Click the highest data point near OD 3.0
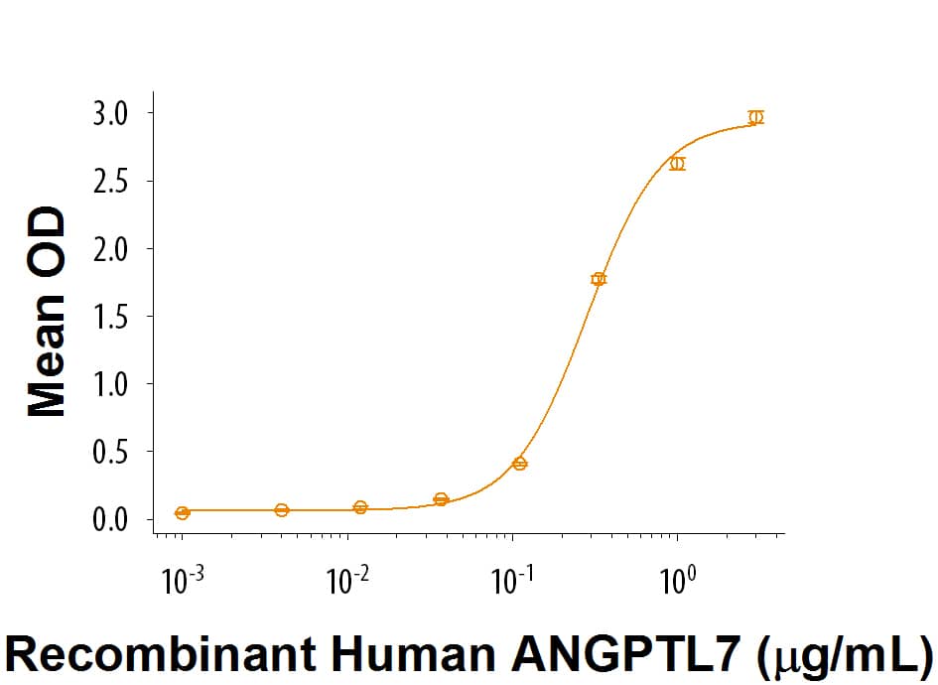756,117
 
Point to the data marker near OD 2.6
677,164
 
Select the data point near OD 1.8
599,279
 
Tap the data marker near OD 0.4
520,464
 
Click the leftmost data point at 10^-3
182,512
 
